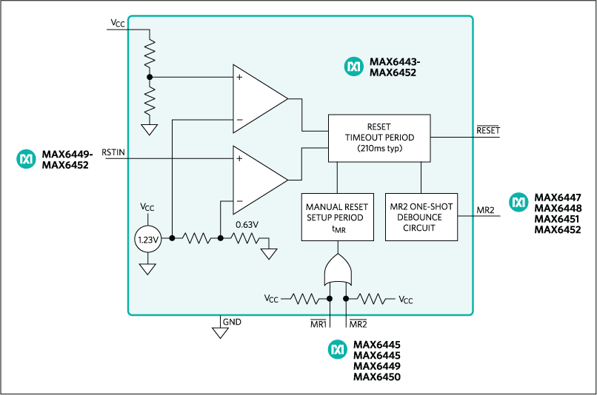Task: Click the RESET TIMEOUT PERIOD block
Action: point(379,138)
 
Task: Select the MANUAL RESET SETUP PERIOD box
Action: point(336,217)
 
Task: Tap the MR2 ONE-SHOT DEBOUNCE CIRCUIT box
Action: point(421,217)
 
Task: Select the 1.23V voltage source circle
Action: point(148,239)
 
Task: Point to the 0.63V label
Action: point(246,223)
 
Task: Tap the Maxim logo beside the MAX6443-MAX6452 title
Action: point(353,67)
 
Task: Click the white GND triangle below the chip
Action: point(220,333)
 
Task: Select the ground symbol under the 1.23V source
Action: point(148,269)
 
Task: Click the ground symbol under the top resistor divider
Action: point(150,130)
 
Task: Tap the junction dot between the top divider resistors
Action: point(150,76)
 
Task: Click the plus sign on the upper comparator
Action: point(239,76)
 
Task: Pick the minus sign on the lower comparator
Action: point(239,201)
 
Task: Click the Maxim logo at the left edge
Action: point(27,158)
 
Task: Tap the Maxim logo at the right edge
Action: point(519,202)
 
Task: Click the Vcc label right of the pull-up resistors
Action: point(405,300)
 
